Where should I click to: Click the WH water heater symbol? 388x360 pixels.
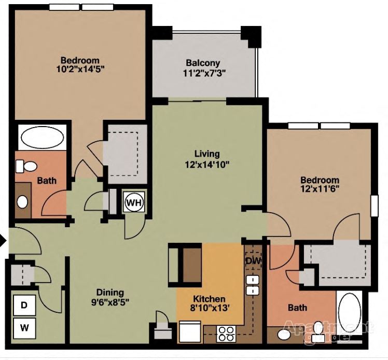[133, 202]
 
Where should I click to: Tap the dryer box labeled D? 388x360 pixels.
[23, 305]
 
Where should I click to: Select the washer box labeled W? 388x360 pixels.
[23, 328]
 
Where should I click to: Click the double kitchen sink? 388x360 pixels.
[253, 286]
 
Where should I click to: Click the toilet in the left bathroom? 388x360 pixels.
[26, 166]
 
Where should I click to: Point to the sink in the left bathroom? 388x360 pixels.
[22, 201]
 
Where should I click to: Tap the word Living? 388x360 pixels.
[207, 154]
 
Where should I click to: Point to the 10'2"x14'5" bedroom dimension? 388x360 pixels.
[80, 70]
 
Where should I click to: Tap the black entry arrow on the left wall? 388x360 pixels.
[3, 240]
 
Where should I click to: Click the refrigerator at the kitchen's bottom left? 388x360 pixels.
[190, 330]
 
